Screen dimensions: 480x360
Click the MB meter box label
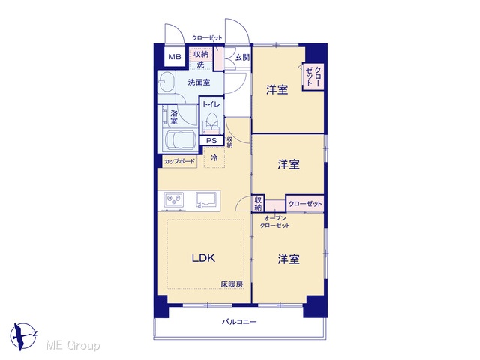[175, 57]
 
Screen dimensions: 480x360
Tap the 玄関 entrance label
[242, 57]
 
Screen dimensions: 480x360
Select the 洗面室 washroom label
[199, 82]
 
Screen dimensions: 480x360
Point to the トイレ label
[211, 104]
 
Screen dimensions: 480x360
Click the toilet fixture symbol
[211, 123]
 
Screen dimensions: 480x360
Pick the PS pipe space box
[211, 141]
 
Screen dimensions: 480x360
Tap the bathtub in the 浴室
[180, 140]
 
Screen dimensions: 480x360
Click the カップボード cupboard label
[179, 162]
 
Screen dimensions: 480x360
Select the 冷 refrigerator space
[214, 158]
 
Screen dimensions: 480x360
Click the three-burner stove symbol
[173, 200]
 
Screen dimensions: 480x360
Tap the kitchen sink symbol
[207, 200]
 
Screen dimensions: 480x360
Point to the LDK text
[203, 258]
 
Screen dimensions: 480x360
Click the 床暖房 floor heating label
[232, 284]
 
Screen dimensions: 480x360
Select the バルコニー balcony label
[239, 322]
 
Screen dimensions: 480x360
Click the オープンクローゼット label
[275, 222]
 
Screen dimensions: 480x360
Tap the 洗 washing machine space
[200, 65]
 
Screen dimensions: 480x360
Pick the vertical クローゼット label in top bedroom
[313, 76]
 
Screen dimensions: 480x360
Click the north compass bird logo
[23, 336]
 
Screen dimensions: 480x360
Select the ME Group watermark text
[73, 345]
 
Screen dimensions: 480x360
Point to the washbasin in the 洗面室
[166, 82]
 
